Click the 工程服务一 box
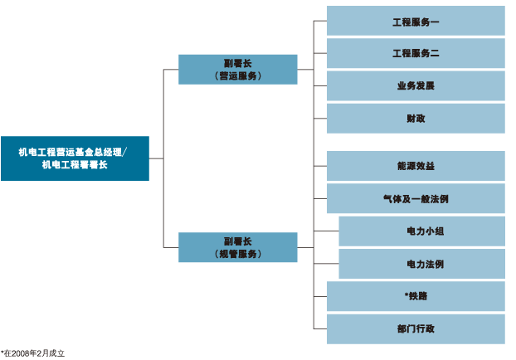point(415,21)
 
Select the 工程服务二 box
point(415,53)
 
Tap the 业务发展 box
point(415,85)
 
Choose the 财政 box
point(415,118)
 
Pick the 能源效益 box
point(415,166)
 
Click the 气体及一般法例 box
point(415,198)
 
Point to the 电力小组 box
point(421,231)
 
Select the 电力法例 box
point(421,264)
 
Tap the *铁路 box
point(415,296)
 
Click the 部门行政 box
point(415,328)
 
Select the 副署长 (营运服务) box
point(237,69)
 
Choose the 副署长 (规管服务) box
point(237,247)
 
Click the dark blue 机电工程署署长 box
point(75,158)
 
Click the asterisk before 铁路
point(406,295)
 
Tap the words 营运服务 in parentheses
point(237,75)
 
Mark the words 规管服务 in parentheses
point(237,254)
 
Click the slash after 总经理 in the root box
point(126,152)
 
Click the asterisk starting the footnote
point(2,352)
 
